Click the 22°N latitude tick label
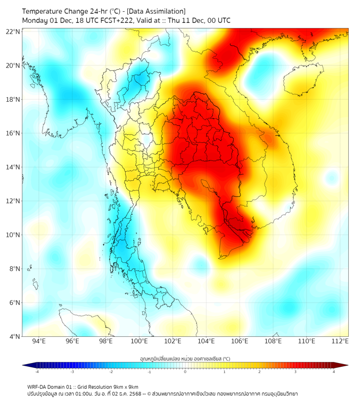(x=13, y=31)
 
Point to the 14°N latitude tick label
(x=13, y=167)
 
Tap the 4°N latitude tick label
(x=15, y=336)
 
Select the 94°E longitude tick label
(x=39, y=341)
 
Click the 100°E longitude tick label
(x=140, y=341)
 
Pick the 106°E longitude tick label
(x=240, y=341)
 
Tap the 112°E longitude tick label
(x=340, y=341)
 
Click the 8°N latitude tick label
(x=15, y=269)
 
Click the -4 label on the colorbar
(x=37, y=372)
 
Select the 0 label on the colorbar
(x=185, y=372)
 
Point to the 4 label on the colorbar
(x=333, y=372)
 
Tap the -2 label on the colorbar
(x=111, y=372)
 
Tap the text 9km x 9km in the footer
(x=124, y=386)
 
